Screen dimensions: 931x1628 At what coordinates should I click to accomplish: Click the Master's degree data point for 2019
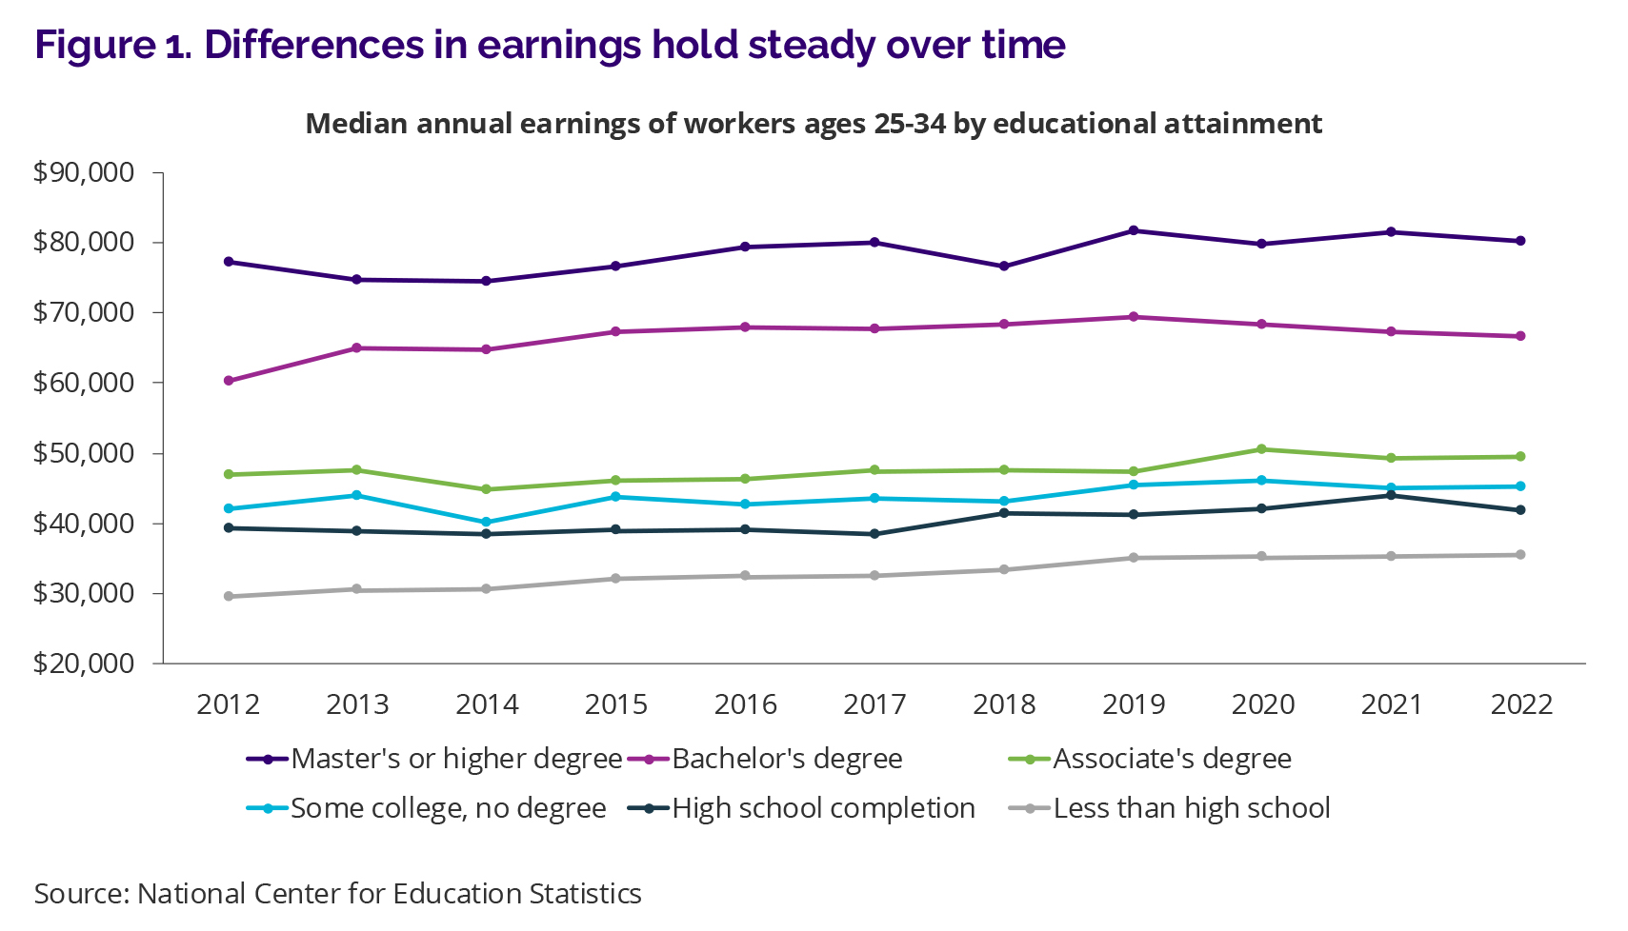1134,230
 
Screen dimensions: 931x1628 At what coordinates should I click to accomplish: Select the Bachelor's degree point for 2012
229,381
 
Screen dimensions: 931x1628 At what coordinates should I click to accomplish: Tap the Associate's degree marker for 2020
1262,449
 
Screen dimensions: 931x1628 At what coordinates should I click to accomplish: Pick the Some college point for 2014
487,523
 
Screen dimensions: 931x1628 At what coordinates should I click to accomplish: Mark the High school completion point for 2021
1392,495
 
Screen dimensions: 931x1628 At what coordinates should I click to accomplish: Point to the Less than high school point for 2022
1520,555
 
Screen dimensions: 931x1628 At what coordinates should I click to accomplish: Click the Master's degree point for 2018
1004,267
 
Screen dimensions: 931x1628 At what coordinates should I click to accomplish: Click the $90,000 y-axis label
84,172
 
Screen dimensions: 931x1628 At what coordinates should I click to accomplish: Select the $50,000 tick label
84,453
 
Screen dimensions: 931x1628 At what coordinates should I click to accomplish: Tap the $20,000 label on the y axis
84,664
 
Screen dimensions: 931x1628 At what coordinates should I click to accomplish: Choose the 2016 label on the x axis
745,704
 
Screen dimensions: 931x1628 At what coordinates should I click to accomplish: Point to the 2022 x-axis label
1521,704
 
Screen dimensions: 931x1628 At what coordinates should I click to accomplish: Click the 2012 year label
229,704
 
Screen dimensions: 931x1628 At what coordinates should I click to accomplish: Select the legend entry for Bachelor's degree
787,759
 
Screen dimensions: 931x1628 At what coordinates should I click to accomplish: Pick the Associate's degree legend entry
1172,759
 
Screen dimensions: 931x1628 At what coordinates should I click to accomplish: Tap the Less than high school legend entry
1191,808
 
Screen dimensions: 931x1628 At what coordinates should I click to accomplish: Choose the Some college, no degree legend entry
448,808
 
